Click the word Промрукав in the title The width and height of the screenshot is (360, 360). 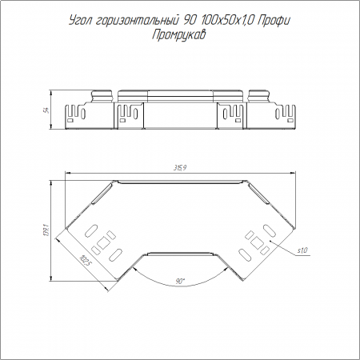click(x=179, y=34)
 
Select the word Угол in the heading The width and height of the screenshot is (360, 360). click(x=80, y=21)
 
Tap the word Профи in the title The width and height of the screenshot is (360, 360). click(x=274, y=21)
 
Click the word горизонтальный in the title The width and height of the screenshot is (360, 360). click(x=137, y=21)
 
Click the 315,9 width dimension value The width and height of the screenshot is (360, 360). click(x=180, y=168)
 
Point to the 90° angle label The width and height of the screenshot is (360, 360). click(x=180, y=281)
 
